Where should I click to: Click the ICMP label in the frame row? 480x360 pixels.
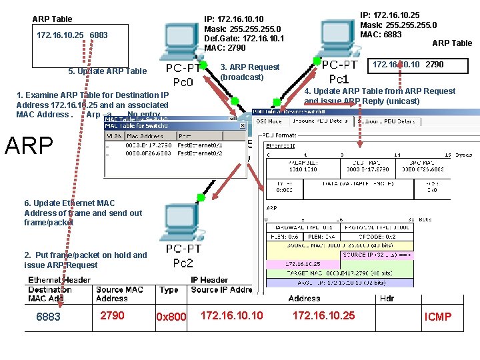pos(438,317)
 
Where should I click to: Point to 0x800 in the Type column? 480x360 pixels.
pos(171,317)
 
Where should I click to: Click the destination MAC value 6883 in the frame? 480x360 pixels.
pos(48,317)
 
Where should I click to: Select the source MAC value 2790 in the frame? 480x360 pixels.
pos(111,315)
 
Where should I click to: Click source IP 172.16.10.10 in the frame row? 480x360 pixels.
pos(232,315)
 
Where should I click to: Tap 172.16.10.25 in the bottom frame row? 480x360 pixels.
pos(324,315)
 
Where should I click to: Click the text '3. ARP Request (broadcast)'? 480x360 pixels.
pos(250,72)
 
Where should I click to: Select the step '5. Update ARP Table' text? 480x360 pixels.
pos(107,71)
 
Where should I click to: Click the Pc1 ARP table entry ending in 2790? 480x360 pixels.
pos(407,65)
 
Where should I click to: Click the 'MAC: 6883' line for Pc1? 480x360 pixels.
pos(381,35)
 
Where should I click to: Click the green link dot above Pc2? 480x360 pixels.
pos(199,197)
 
